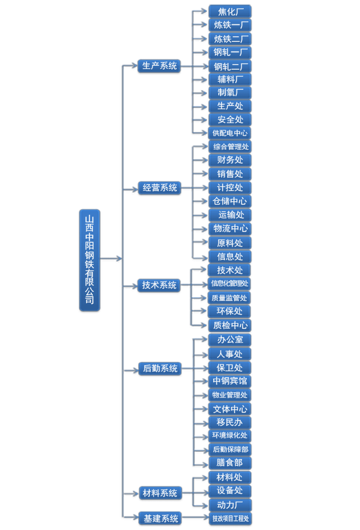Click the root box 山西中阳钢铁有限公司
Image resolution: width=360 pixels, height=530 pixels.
[x=90, y=260]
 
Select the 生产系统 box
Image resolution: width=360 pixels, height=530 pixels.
[x=159, y=66]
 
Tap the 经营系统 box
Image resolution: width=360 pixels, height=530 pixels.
[x=159, y=188]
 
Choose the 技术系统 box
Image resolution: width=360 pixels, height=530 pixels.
[x=159, y=285]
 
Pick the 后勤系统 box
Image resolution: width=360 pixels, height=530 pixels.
[x=160, y=368]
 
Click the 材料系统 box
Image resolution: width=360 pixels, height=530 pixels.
[x=160, y=493]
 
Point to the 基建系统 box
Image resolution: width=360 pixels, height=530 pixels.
[x=160, y=518]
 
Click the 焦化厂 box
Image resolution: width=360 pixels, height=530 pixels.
[x=230, y=11]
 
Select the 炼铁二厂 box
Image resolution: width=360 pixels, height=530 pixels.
[x=230, y=39]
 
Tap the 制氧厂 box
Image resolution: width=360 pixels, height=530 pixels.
[x=230, y=92]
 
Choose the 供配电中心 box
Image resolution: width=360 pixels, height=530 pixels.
[x=230, y=133]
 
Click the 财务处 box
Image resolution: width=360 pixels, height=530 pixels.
[x=230, y=160]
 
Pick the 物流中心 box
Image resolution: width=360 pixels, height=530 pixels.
[x=230, y=228]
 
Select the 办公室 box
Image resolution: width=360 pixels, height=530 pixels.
[x=230, y=340]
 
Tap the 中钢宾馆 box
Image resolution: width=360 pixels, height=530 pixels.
[x=230, y=381]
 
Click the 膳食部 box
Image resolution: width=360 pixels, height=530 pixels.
[x=230, y=463]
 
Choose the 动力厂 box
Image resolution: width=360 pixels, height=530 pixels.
[x=230, y=504]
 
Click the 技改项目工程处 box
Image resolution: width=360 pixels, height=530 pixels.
[x=230, y=518]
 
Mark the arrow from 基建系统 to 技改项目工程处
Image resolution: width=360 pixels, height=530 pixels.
[x=195, y=518]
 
